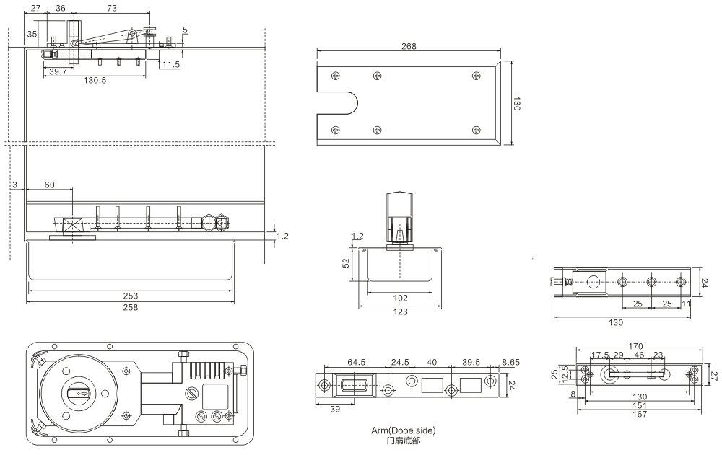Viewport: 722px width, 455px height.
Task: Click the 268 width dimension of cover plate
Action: point(409,46)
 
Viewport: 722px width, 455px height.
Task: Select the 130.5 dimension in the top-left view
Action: point(95,81)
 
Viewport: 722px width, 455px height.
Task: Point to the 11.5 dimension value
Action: point(171,65)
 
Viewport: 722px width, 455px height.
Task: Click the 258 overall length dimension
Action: point(130,307)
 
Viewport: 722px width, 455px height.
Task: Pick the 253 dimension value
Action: point(130,296)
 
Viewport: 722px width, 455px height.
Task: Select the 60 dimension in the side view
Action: point(49,185)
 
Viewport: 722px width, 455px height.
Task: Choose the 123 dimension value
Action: point(400,312)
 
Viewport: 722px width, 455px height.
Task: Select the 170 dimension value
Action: point(635,345)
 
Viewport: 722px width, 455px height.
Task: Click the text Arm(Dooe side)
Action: point(404,430)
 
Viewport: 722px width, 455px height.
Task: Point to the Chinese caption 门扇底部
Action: point(404,440)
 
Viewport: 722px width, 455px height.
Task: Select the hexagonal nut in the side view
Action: point(209,224)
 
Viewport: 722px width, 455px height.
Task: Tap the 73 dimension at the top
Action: point(112,8)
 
